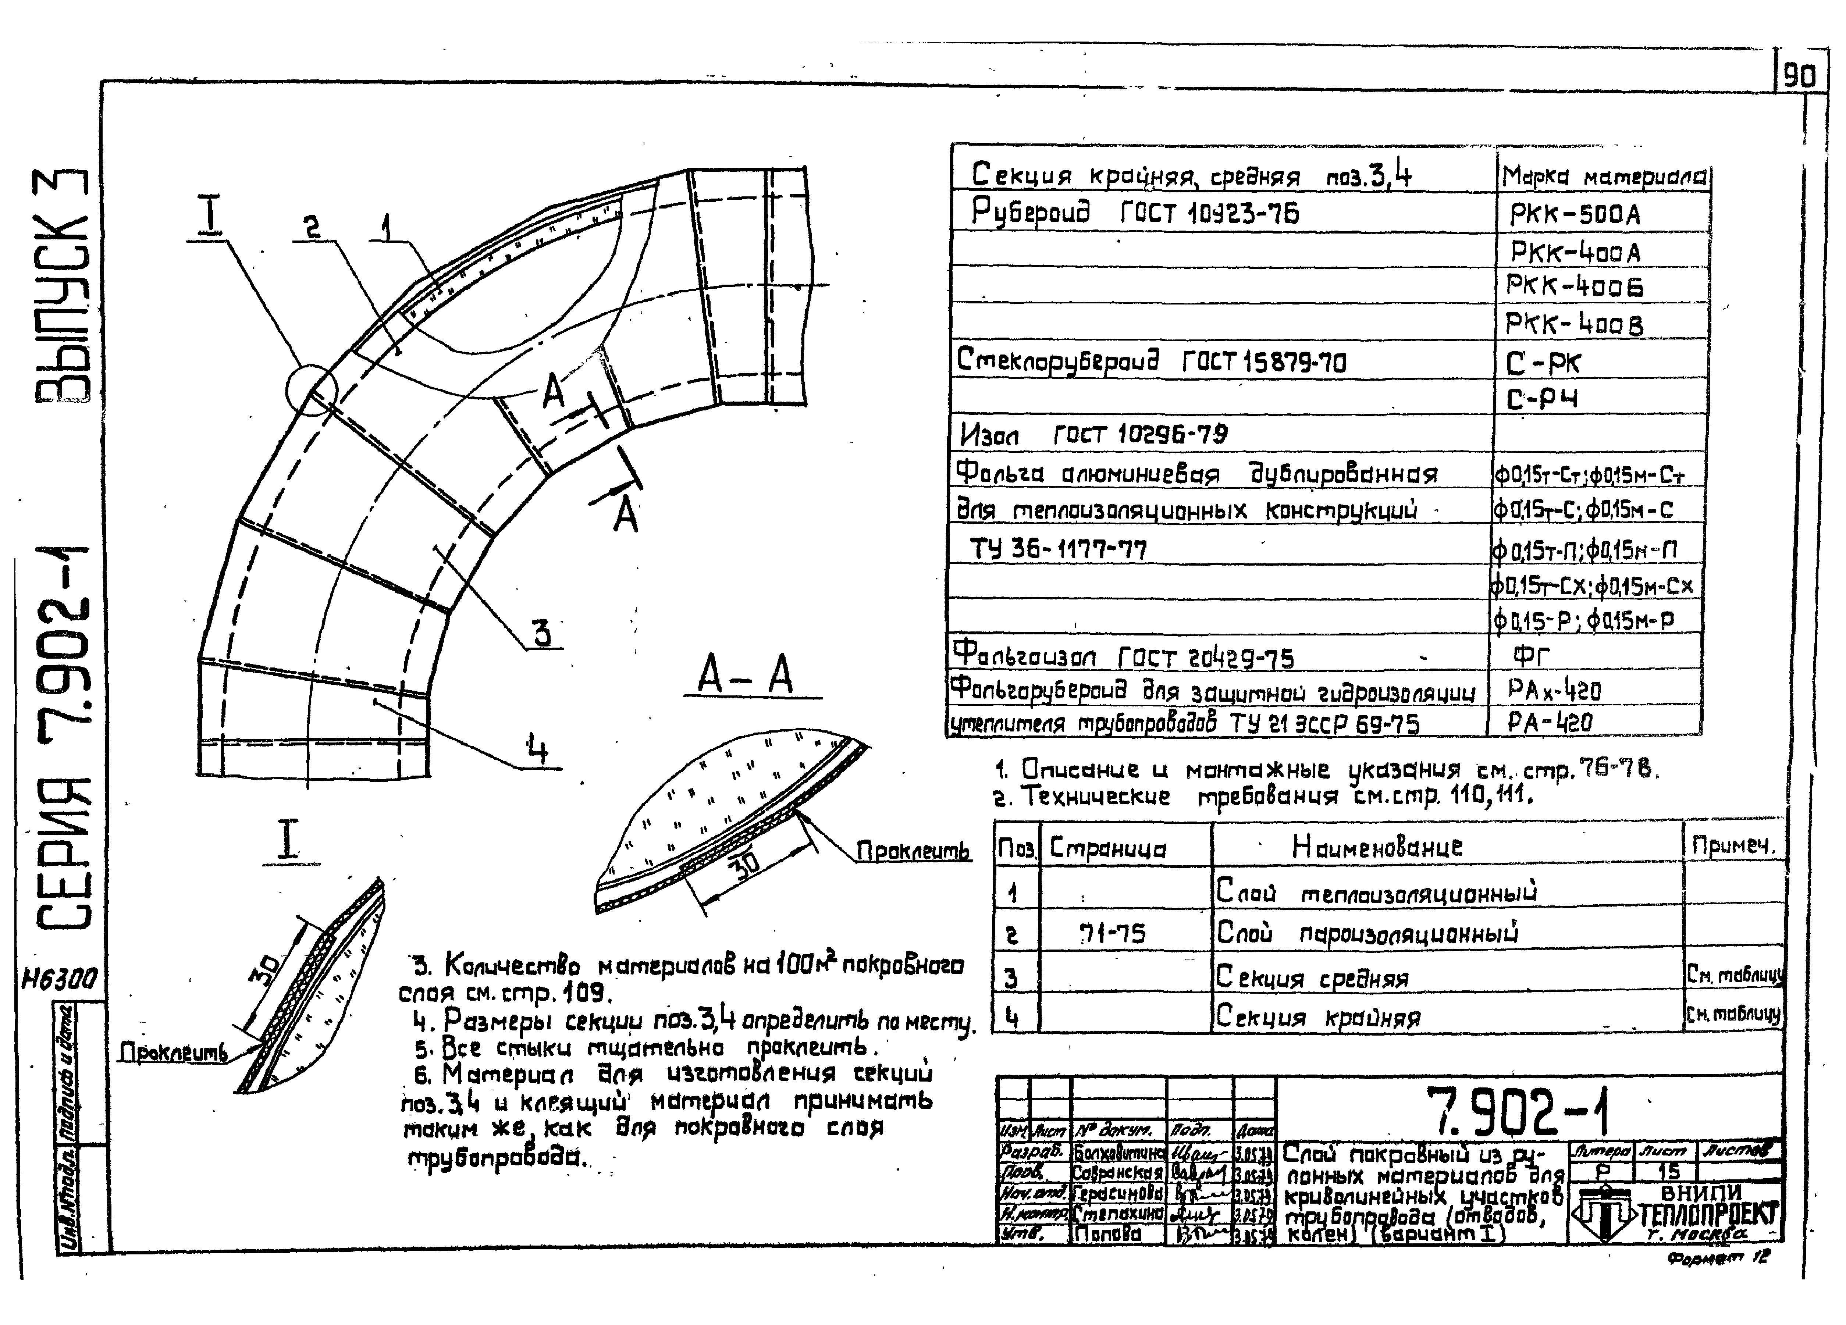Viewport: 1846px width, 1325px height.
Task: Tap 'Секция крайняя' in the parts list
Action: coord(1319,1017)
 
